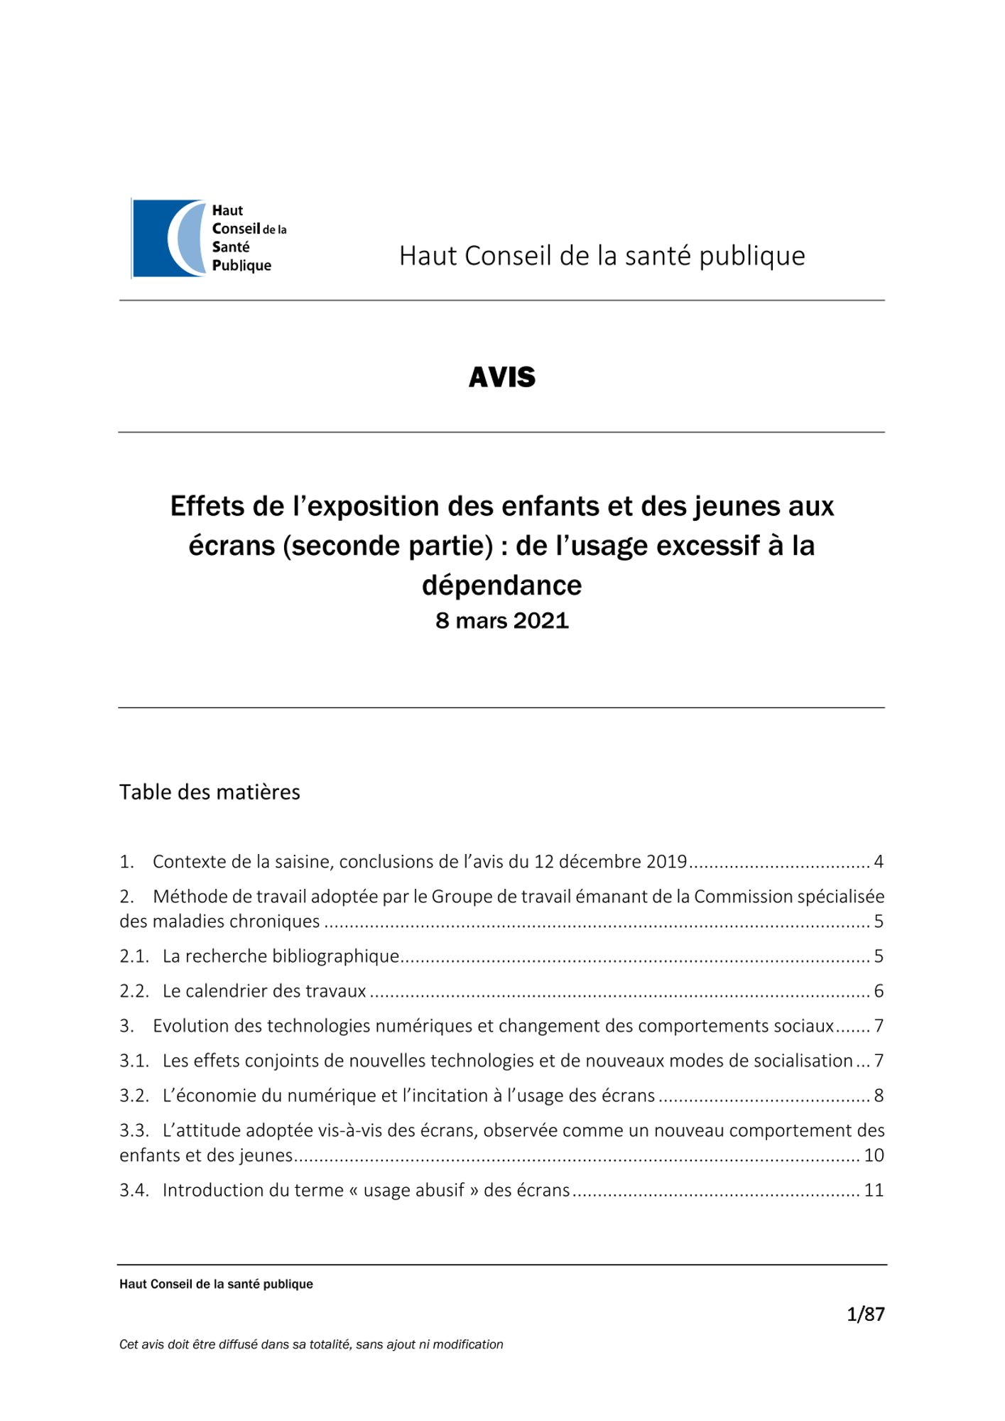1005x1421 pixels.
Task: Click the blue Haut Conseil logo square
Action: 169,238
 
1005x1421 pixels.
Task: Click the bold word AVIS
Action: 502,377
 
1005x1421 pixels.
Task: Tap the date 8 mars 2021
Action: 502,621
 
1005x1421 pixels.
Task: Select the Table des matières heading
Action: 210,792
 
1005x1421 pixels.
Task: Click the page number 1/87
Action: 866,1314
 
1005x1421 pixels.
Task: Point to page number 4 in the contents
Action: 879,862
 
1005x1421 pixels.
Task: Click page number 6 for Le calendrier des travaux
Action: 879,991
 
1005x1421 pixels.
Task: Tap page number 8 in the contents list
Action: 879,1096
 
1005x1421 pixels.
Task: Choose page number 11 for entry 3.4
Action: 874,1190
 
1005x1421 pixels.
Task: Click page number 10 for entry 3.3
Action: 874,1155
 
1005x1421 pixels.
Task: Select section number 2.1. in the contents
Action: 134,956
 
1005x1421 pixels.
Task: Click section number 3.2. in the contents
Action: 134,1096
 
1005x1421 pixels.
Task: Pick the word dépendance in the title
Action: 502,585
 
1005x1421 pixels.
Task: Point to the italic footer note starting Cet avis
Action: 311,1344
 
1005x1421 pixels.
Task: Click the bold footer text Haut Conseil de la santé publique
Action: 216,1284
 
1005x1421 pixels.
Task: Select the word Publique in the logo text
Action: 241,266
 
